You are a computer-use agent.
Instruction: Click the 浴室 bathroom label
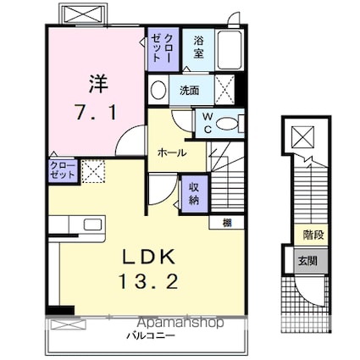198,47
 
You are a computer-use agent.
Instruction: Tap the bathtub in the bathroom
230,50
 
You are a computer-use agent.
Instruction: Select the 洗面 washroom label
190,90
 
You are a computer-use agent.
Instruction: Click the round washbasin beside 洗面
158,90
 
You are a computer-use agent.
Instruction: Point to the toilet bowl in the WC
227,124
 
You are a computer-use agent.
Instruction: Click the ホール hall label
172,152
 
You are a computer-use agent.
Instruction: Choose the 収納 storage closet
194,194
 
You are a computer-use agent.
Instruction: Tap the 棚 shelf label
227,223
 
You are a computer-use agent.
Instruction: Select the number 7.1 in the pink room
96,112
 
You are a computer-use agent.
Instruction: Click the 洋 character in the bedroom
98,84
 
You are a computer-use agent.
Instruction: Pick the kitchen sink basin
92,224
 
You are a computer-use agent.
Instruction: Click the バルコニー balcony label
151,335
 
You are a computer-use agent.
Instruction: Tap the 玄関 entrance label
308,261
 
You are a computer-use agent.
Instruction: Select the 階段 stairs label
313,235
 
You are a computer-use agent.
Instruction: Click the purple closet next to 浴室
163,49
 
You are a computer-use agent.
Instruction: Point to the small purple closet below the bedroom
63,171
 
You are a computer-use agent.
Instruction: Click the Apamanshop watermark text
181,322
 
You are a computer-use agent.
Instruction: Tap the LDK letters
148,258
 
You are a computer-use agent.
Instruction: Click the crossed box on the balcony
68,324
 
